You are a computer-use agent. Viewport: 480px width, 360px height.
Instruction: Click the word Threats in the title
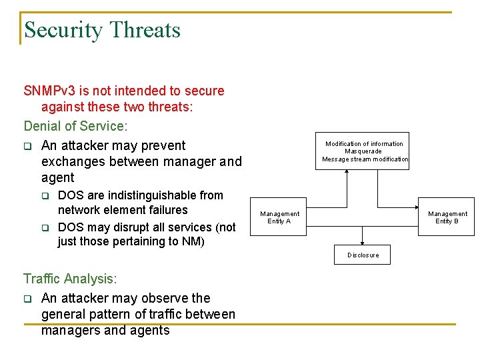tap(145, 30)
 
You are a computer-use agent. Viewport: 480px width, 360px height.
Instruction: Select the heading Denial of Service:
tap(75, 126)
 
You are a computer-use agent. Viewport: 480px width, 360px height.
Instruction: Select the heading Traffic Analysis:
tap(70, 279)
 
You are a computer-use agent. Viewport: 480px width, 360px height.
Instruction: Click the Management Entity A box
tap(279, 217)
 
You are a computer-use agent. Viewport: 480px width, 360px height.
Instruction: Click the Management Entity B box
tap(447, 217)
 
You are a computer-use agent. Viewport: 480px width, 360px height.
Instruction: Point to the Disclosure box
tap(363, 255)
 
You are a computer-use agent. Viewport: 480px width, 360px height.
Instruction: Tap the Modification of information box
tap(364, 151)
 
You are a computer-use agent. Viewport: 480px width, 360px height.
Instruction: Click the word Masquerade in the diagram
tap(364, 151)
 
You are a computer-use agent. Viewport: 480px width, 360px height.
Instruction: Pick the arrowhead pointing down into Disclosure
tap(363, 244)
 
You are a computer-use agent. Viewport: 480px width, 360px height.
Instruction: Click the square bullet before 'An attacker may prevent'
tap(28, 146)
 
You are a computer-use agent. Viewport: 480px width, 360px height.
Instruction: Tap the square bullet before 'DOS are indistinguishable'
tap(45, 196)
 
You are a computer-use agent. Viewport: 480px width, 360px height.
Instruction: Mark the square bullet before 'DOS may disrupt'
tap(45, 227)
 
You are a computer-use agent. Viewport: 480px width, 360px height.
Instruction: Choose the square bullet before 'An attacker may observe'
tap(28, 299)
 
